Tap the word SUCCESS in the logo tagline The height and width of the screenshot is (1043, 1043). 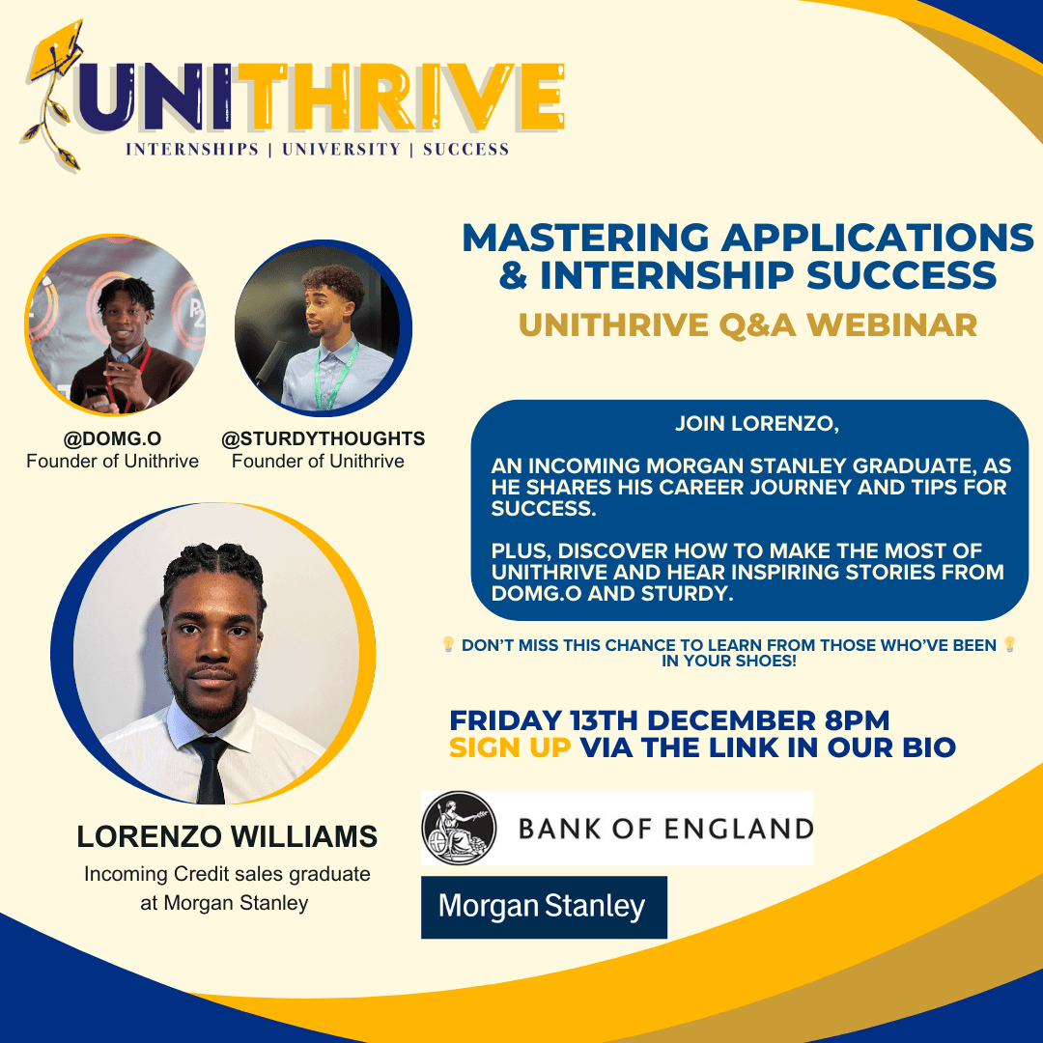pos(465,150)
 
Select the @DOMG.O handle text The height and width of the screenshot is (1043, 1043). pos(113,439)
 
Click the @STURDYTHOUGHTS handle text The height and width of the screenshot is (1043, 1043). pos(324,439)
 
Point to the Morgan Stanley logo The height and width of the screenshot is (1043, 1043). pos(543,907)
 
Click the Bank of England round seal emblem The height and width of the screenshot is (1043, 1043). pos(459,829)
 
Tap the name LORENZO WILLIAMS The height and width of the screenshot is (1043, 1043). pos(227,837)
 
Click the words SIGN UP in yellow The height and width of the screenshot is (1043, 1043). pos(510,747)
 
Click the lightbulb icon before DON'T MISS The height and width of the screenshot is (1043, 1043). pos(448,644)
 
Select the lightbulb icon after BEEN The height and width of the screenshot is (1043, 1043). pos(1010,644)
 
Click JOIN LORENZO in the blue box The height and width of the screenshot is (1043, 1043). pos(748,424)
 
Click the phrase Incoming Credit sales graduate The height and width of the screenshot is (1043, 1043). pos(227,875)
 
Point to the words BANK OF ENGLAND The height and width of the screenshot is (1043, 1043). pos(665,829)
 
